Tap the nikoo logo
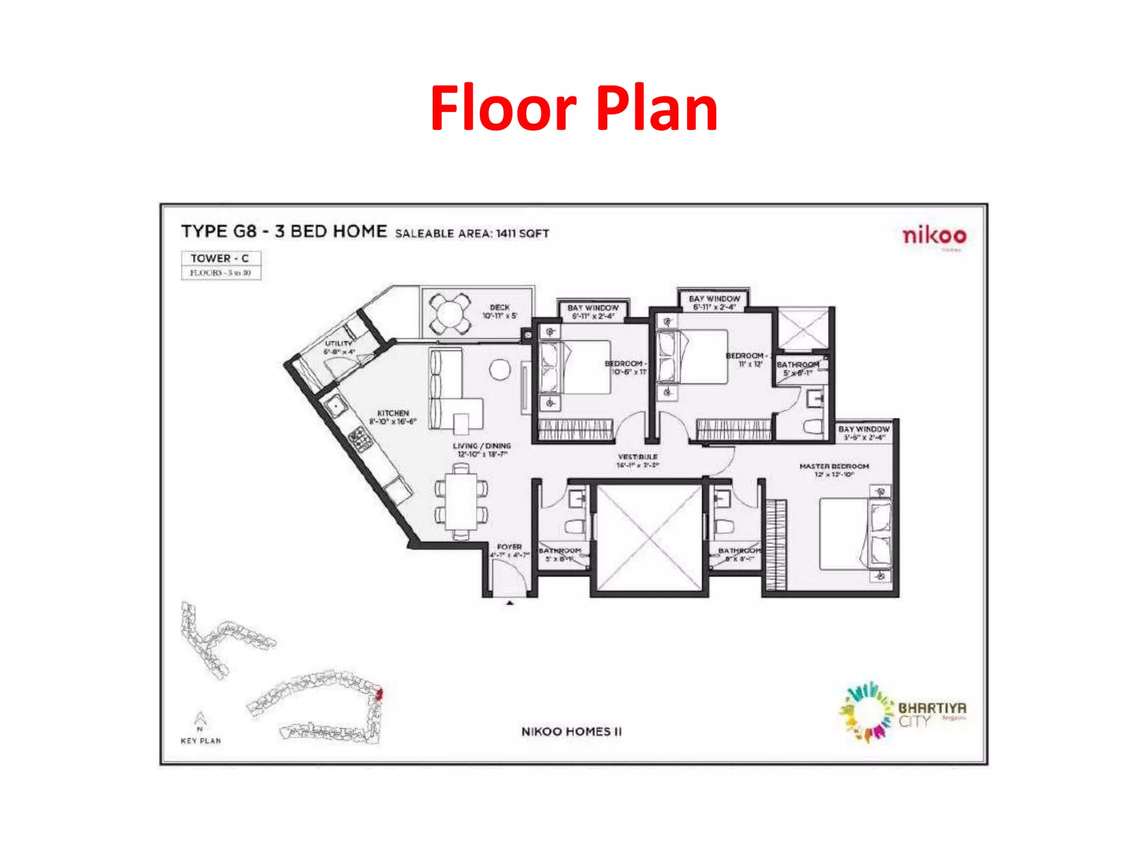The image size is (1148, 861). [x=934, y=235]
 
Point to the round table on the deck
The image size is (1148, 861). [x=450, y=313]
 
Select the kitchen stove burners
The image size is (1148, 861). [x=360, y=438]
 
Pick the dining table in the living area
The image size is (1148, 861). [x=461, y=502]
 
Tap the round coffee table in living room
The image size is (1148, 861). [x=499, y=369]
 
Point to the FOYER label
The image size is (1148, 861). [x=509, y=547]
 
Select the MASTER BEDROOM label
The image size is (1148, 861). [x=834, y=466]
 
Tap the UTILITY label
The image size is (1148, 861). [x=339, y=343]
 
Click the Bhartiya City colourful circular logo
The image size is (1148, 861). [x=867, y=712]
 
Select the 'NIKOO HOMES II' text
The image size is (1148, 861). [x=571, y=732]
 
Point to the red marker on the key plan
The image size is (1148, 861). [x=379, y=695]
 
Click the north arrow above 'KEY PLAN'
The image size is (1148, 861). [x=200, y=719]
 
